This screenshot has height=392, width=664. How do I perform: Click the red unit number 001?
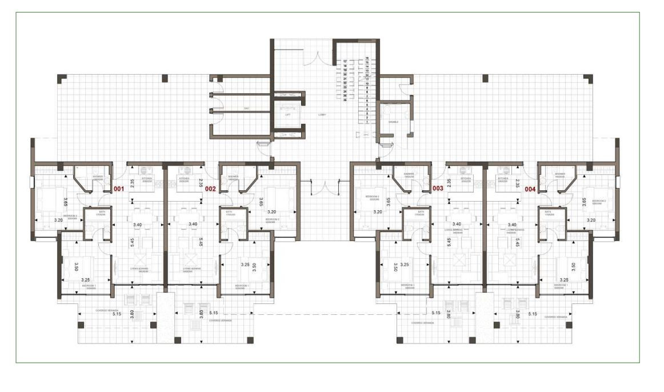tap(119, 188)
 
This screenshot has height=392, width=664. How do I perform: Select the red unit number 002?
tap(210, 188)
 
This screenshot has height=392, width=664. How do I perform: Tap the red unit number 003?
tap(438, 188)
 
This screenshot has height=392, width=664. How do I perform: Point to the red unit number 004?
tap(530, 188)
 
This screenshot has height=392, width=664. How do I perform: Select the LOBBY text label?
tap(322, 115)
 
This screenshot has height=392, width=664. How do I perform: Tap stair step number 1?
tap(367, 122)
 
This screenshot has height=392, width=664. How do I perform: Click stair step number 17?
tap(345, 62)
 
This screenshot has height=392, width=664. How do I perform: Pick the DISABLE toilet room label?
tap(394, 122)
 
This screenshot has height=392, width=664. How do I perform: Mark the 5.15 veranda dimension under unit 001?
tap(117, 314)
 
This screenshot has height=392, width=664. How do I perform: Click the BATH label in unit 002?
tap(229, 212)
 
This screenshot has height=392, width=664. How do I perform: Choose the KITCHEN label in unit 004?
tap(503, 179)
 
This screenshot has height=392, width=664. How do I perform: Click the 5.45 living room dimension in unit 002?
tap(201, 242)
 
